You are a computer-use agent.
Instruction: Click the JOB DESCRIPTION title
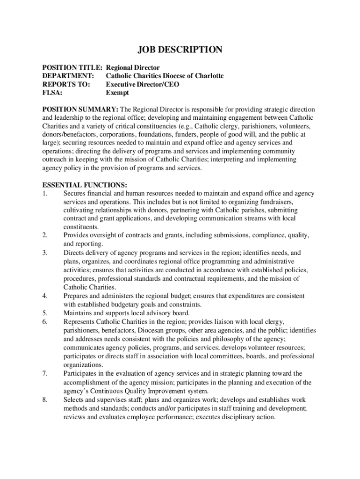(180, 50)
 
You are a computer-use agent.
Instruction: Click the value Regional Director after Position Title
(133, 68)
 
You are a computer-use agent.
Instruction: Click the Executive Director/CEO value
(142, 84)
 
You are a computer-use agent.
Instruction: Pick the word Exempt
(117, 93)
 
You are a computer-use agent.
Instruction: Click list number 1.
(45, 194)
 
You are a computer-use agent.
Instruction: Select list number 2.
(45, 235)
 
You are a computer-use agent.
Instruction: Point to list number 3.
(45, 253)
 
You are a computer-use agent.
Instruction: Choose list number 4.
(45, 296)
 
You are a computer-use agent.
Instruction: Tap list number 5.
(45, 312)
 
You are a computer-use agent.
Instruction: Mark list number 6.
(45, 321)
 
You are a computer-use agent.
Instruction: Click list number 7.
(45, 373)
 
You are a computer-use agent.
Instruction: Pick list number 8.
(45, 399)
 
